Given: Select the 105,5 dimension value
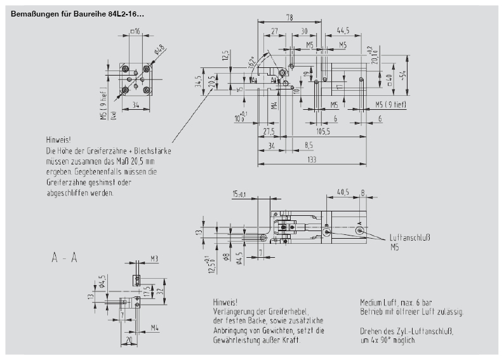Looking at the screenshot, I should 322,131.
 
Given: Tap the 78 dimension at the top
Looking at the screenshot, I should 289,18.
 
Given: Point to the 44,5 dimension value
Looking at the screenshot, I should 343,30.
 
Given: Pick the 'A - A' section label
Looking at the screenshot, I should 65,258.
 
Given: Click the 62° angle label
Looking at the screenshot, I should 253,61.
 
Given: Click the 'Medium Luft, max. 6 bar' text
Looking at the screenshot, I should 395,303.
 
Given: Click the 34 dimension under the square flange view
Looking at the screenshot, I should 136,106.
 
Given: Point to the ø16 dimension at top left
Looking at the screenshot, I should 136,31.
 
